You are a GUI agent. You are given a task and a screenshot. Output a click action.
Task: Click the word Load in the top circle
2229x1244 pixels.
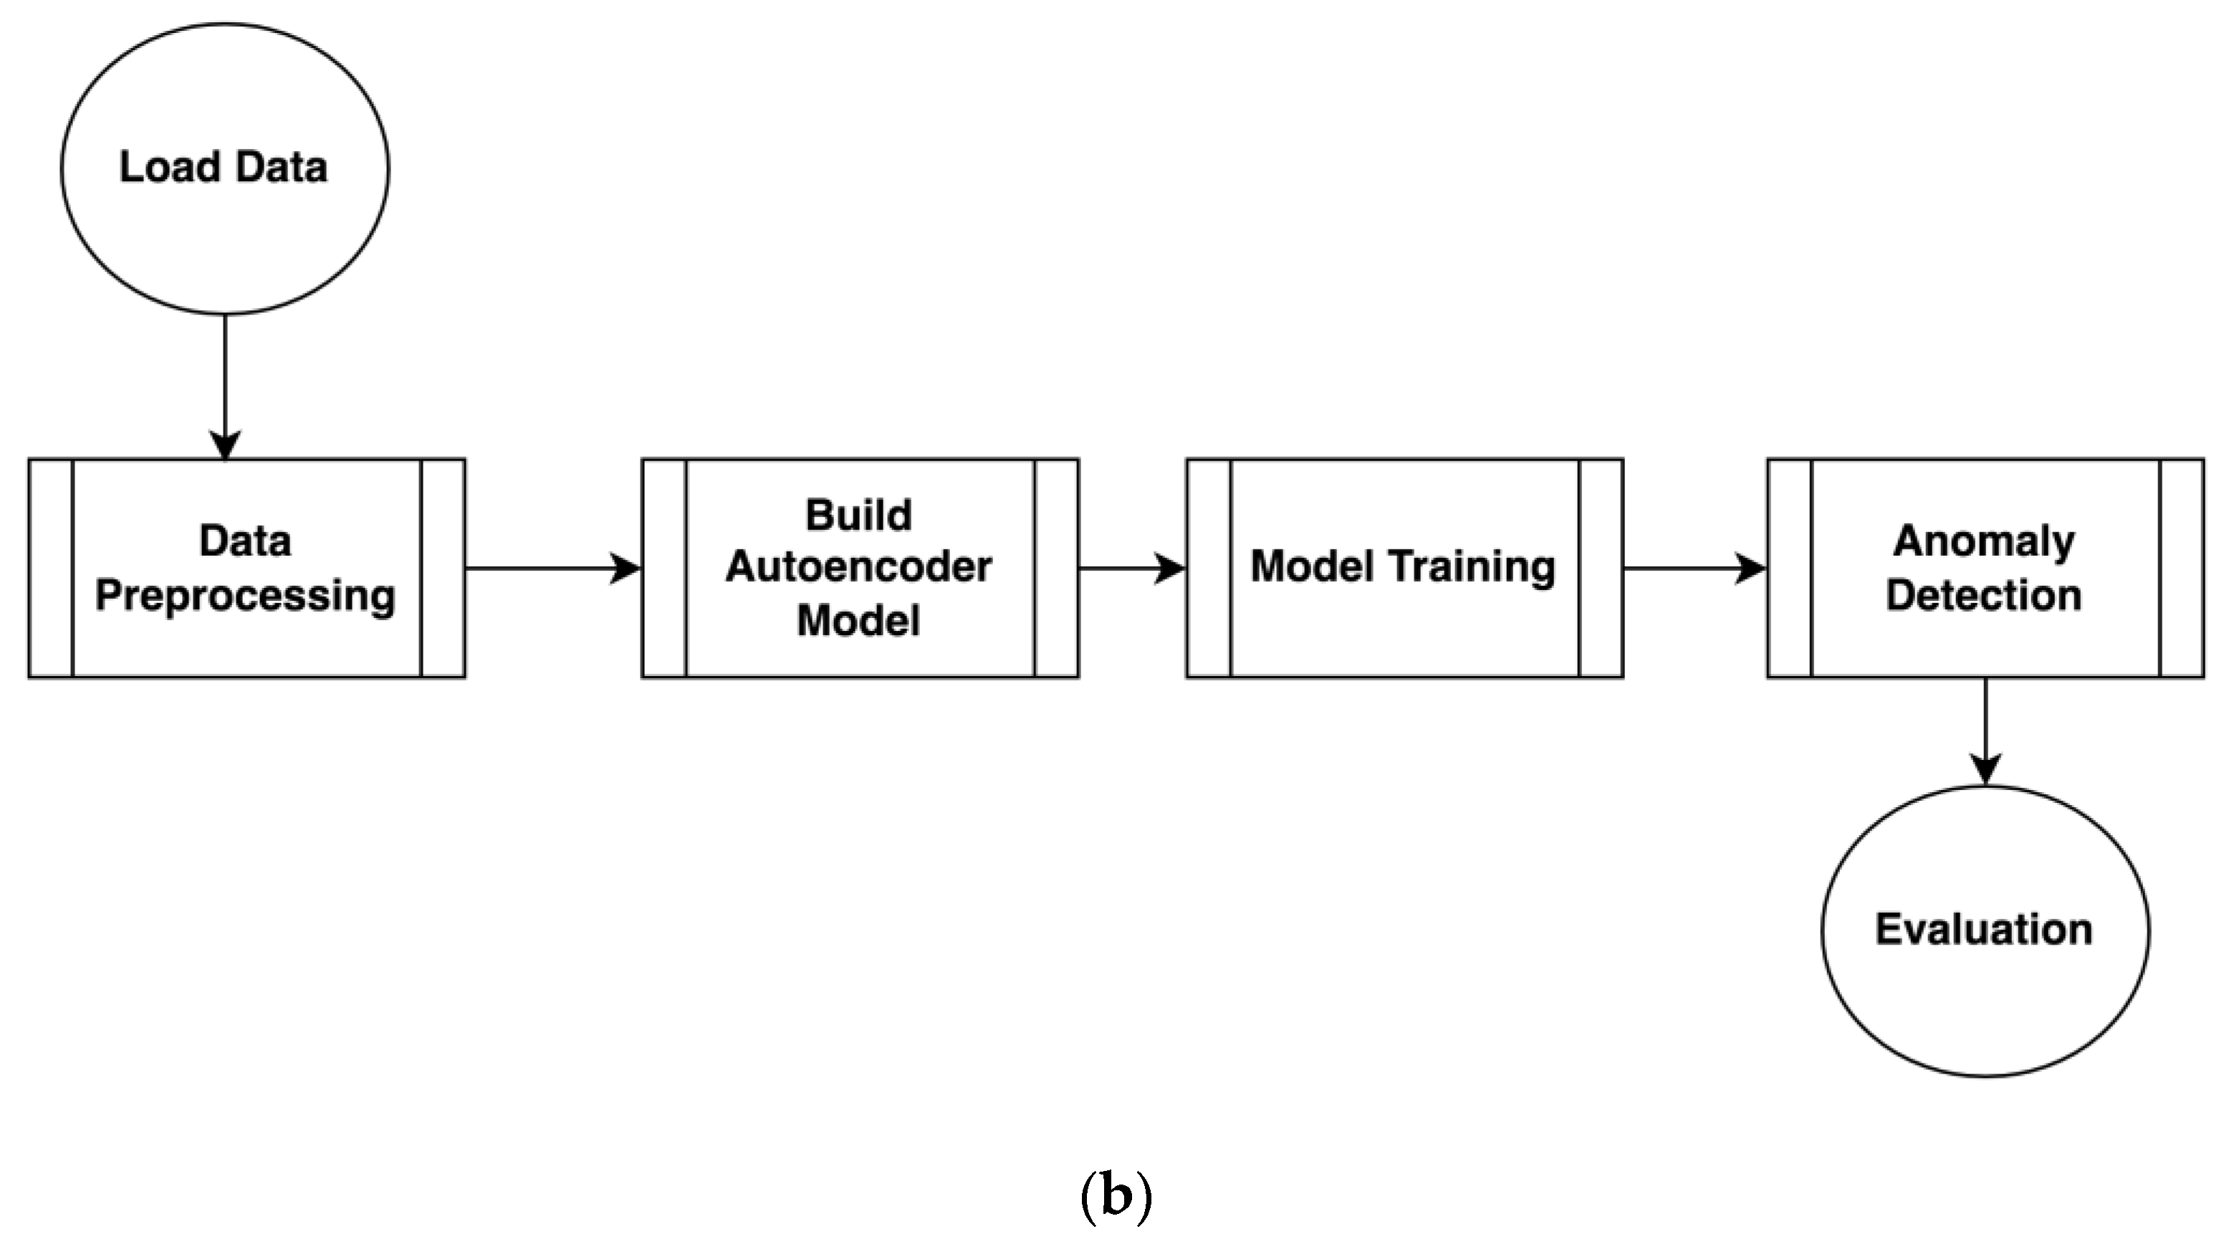[168, 167]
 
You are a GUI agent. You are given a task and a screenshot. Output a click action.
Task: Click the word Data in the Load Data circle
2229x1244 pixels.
[280, 167]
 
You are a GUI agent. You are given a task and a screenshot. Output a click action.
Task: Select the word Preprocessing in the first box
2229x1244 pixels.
[246, 596]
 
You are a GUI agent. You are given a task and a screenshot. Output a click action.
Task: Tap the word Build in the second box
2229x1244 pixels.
[858, 516]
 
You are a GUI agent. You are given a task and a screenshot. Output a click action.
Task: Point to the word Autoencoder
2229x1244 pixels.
[858, 567]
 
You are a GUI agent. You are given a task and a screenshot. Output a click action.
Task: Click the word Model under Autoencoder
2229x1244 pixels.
[858, 620]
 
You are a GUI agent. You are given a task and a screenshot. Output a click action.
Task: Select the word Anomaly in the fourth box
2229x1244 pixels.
[1984, 541]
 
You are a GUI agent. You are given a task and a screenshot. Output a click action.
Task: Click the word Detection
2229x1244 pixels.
[1984, 596]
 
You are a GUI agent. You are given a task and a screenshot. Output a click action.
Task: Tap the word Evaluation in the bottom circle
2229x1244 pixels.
[1984, 929]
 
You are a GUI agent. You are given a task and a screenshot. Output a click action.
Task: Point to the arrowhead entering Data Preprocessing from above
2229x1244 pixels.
[225, 445]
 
